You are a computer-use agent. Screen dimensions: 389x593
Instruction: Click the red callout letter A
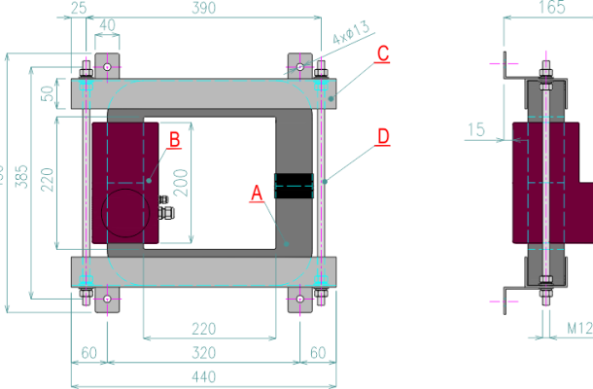257,195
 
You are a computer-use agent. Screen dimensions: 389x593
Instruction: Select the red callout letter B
175,139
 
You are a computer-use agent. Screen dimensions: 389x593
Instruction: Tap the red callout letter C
383,53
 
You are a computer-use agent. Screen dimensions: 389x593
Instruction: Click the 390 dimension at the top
204,8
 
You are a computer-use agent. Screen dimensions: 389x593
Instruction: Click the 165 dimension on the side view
551,8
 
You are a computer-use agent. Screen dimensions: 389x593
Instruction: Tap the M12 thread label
578,331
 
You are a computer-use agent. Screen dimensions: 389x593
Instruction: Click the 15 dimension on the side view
475,128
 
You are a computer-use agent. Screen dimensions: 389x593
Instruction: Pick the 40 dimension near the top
108,25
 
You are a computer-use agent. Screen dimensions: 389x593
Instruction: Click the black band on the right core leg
295,185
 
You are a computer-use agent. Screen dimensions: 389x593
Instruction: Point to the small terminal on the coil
164,208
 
